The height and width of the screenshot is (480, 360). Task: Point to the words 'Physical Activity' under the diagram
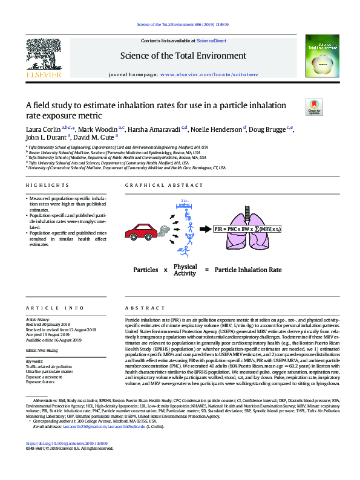click(185, 270)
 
